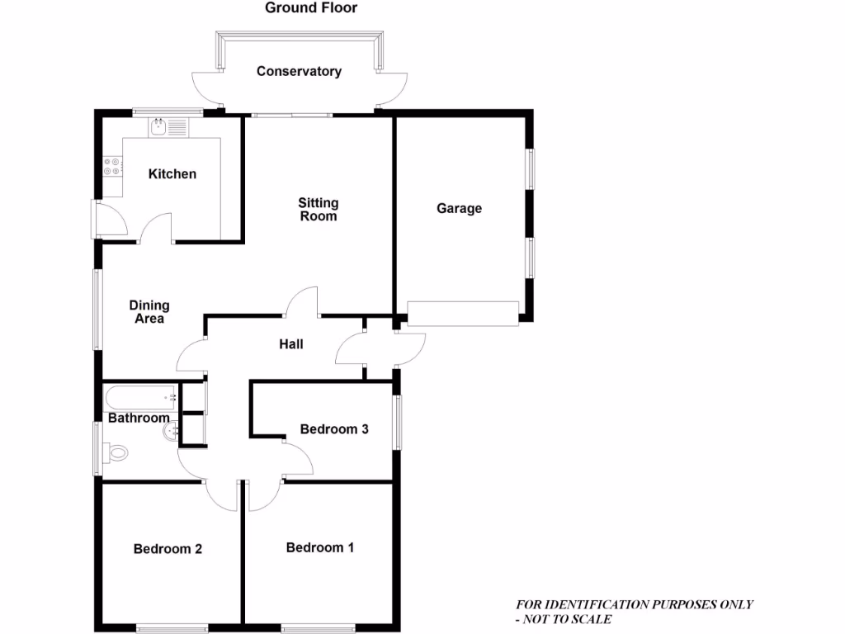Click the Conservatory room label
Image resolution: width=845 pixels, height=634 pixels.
tap(299, 71)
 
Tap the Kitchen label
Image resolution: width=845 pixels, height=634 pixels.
tap(172, 173)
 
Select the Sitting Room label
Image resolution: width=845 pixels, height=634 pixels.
tap(319, 209)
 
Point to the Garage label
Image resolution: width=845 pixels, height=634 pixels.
tap(459, 208)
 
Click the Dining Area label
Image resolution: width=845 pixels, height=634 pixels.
tap(149, 312)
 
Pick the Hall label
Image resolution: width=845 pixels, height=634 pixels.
tap(290, 343)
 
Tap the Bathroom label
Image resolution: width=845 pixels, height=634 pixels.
tap(139, 418)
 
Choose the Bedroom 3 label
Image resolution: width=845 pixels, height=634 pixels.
tap(333, 429)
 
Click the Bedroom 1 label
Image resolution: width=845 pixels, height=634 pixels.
tap(320, 547)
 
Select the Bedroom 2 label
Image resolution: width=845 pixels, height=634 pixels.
tap(168, 549)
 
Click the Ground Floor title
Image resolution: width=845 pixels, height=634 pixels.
tap(311, 8)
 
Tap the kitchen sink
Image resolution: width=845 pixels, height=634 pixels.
tap(159, 127)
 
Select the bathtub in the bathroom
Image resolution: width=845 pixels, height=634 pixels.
tap(140, 397)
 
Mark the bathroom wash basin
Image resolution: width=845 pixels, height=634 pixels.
tap(172, 431)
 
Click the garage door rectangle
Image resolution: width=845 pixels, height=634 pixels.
tap(463, 313)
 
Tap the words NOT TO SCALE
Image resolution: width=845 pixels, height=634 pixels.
tap(570, 619)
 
